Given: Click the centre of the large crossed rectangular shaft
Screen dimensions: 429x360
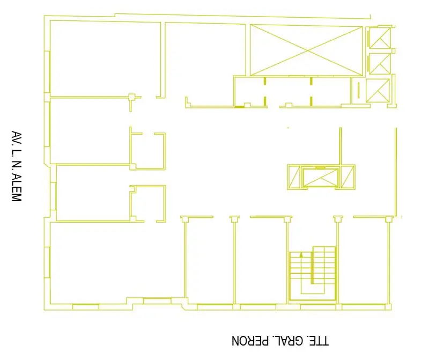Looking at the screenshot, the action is pos(306,50).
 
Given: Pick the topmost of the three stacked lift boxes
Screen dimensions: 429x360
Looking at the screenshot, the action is pos(380,38).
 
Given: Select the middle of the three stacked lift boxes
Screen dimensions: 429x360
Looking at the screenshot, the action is pos(380,64).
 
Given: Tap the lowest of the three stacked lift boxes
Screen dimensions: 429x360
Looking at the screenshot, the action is pos(378,91).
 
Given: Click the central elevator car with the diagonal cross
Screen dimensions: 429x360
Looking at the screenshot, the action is pos(320,178).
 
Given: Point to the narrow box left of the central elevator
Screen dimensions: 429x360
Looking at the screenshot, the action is pos(294,177).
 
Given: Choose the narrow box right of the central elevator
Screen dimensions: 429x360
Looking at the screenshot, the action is pos(347,177).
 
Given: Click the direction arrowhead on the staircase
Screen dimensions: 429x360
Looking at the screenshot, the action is pos(301,255).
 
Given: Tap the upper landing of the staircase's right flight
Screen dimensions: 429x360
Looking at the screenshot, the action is pos(324,249).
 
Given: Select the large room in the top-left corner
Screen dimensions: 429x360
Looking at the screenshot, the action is pos(105,59).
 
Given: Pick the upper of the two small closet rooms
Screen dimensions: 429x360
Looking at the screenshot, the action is pos(148,151).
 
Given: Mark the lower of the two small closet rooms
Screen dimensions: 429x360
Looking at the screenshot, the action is pos(148,203).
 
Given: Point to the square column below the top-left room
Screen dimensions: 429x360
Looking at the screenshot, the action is pos(131,97).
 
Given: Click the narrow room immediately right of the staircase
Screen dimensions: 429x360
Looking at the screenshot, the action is pos(364,260).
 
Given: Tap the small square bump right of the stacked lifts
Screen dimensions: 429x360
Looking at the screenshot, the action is pos(394,51).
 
